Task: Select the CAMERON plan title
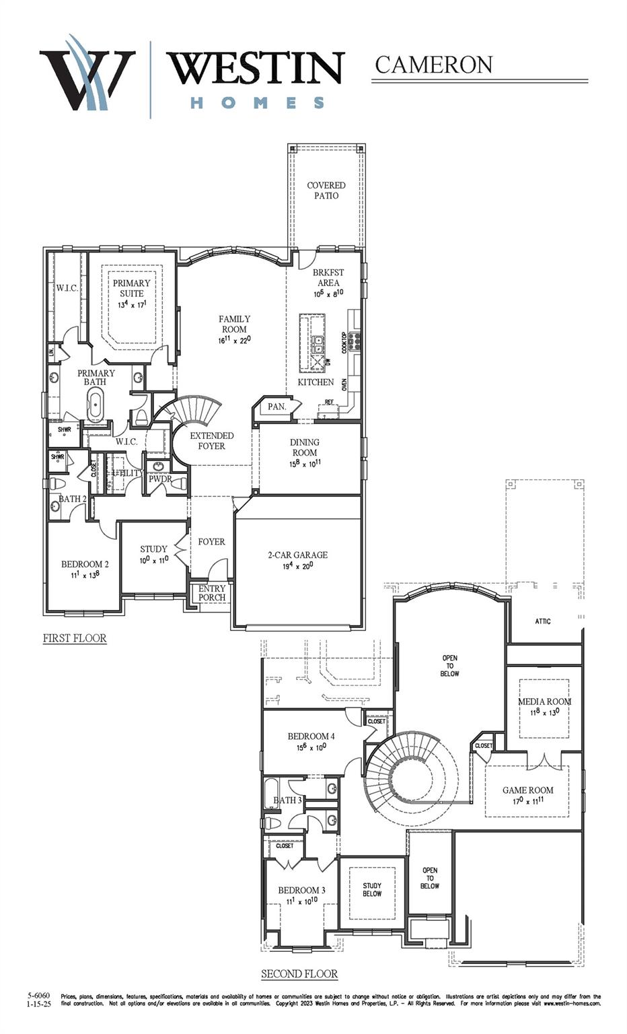click(x=433, y=65)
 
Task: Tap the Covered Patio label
click(x=326, y=191)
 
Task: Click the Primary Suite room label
click(x=131, y=288)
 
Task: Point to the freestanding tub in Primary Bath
click(x=96, y=404)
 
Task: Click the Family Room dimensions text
click(x=234, y=341)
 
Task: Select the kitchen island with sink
click(x=312, y=343)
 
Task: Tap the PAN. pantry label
click(x=276, y=407)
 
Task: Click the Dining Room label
click(x=305, y=448)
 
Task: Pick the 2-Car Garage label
click(x=298, y=555)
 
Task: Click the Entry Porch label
click(x=212, y=593)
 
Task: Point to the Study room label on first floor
click(x=153, y=549)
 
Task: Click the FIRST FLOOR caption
click(x=75, y=638)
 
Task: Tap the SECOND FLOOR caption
click(x=299, y=974)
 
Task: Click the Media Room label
click(x=544, y=701)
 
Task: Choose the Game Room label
click(x=528, y=790)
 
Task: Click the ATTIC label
click(x=543, y=621)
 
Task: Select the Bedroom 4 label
click(x=311, y=736)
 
